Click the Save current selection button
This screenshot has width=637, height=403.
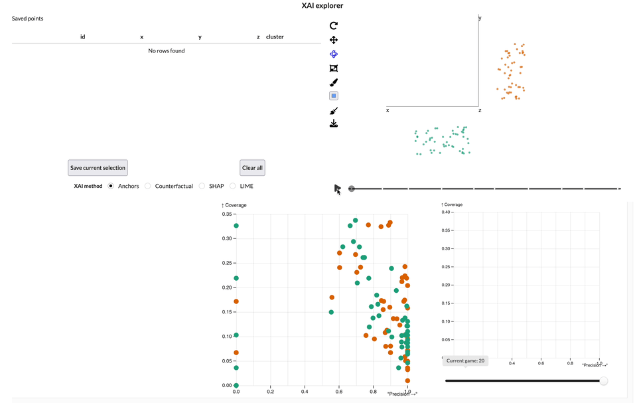point(98,168)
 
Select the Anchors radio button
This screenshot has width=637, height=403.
point(111,186)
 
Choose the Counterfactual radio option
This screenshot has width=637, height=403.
point(148,186)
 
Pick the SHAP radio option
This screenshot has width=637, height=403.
point(202,186)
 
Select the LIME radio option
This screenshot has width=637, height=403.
point(233,186)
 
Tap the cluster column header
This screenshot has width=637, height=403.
point(275,37)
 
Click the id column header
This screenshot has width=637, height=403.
point(82,37)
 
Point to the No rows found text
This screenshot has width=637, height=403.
point(166,50)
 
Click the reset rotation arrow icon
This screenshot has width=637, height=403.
point(334,26)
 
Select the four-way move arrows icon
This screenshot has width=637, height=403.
point(334,40)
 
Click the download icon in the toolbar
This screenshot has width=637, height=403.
point(334,123)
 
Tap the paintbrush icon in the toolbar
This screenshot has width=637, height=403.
point(334,82)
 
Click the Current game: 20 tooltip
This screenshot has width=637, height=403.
point(464,361)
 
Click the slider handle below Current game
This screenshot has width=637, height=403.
point(603,381)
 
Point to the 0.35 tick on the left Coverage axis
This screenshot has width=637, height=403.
point(226,214)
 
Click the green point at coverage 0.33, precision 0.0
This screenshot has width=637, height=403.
point(236,226)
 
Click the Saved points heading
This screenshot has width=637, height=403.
point(28,19)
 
